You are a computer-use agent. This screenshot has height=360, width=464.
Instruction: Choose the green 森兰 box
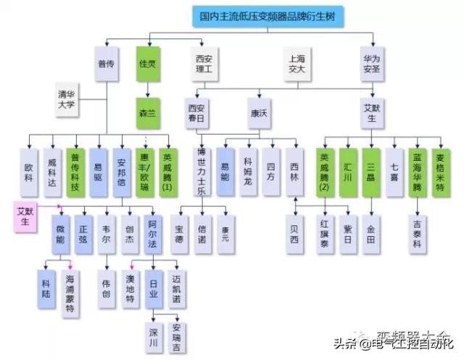(x=148, y=112)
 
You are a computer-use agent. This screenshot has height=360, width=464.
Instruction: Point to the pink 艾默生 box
(x=27, y=216)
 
